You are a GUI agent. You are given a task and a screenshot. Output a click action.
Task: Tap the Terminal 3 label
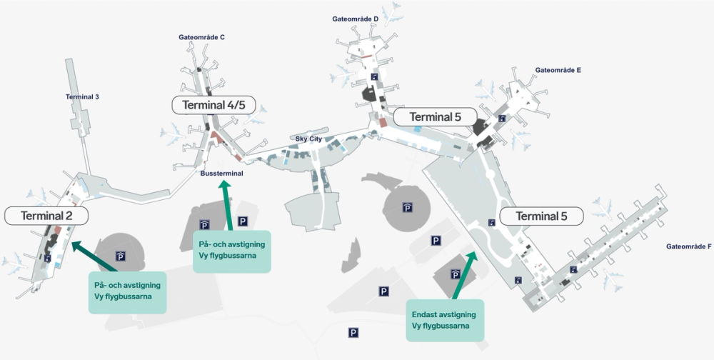pos(82,97)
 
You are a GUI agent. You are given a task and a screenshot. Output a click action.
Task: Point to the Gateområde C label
pos(202,37)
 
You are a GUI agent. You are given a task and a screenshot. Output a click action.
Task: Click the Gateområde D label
pos(356,19)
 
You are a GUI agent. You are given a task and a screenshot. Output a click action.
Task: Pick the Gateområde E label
pos(558,71)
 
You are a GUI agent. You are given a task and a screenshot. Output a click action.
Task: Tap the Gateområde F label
pos(689,246)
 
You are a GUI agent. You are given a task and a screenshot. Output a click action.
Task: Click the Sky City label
pos(309,138)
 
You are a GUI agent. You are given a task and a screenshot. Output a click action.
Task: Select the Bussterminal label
pos(222,174)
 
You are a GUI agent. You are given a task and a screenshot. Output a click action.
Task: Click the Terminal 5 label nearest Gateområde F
pos(540,216)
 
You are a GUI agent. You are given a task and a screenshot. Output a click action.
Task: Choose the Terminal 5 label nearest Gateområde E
pos(435,117)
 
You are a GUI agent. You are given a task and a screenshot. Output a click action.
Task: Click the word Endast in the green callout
pos(426,314)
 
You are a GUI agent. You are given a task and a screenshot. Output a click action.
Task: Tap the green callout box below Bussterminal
pos(232,251)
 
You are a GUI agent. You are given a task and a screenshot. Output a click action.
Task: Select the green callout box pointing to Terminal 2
pos(127,291)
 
